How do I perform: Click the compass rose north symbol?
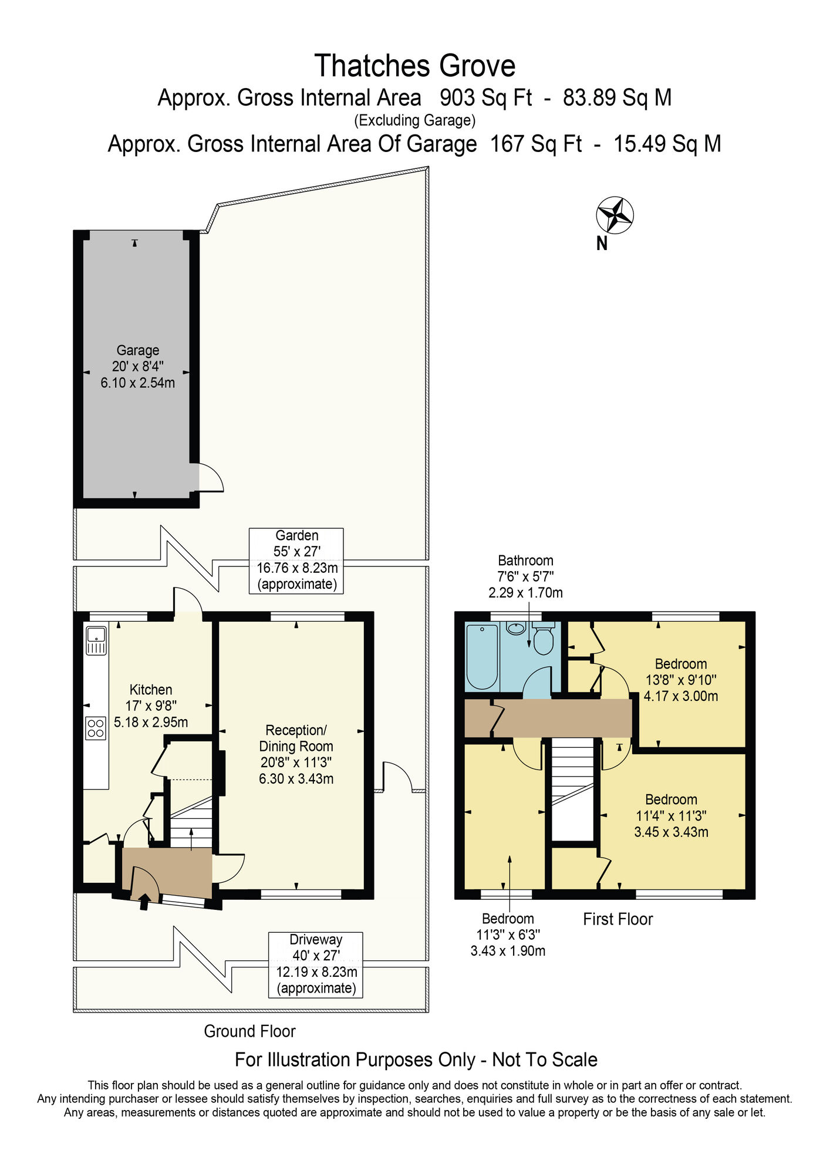tap(615, 215)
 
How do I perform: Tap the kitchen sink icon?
tap(96, 640)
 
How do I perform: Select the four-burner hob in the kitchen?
tap(96, 728)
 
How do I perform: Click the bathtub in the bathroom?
tap(482, 657)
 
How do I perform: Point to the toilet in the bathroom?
tap(544, 638)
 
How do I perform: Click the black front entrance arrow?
tap(144, 901)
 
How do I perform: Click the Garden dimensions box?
tap(296, 561)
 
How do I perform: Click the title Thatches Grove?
tap(415, 65)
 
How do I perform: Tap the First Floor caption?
tap(618, 919)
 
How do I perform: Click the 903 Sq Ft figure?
tap(486, 97)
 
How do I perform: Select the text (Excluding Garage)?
tap(415, 120)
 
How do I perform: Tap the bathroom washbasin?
tap(516, 628)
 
